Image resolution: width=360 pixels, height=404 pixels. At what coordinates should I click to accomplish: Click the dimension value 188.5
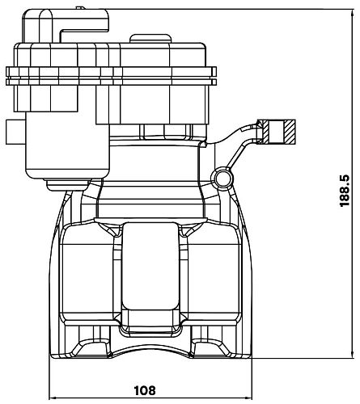345,191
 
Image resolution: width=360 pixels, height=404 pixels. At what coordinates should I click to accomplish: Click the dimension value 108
145,390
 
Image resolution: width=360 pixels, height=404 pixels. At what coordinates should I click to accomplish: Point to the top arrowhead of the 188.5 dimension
353,13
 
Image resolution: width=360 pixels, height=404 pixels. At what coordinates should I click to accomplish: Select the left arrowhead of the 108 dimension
53,398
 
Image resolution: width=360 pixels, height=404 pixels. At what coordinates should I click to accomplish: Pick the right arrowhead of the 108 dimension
248,398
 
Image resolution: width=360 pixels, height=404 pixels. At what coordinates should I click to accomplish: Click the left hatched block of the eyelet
265,132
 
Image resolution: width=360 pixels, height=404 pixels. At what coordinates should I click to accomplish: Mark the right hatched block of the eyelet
290,132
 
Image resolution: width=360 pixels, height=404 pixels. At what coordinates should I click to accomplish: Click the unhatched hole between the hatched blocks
277,132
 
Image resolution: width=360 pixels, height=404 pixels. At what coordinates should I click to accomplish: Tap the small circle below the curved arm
222,178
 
